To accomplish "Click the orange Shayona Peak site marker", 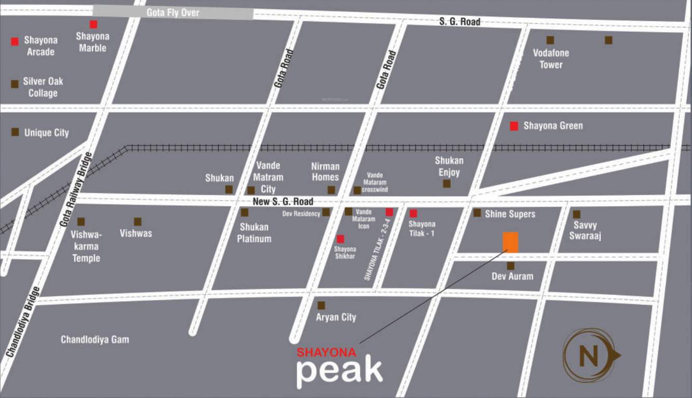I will coord(510,242).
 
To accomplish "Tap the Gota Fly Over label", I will coord(173,12).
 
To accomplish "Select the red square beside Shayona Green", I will coord(514,126).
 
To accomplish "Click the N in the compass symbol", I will coord(588,356).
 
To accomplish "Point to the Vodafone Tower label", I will coord(551,59).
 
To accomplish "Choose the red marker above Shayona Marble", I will coord(93,24).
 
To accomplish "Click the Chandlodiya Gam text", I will coord(95,340).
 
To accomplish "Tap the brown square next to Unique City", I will coord(16,132).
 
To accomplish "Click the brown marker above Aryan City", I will coord(321,305).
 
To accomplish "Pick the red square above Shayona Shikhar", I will coord(340,239).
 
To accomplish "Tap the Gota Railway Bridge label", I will coord(76,189).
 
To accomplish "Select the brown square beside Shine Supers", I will coord(477,212).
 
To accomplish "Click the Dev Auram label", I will coord(512,276).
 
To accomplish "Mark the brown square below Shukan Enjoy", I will coord(446,183).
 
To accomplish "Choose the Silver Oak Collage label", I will coord(43,87).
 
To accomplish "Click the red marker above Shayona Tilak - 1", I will coord(413,213).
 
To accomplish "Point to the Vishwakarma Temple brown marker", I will coord(81,222).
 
